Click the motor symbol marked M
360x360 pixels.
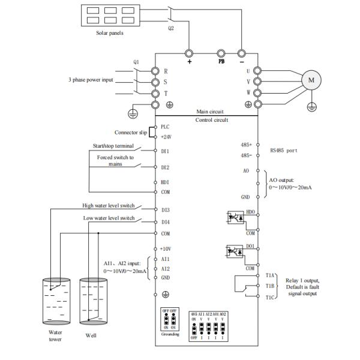pyautogui.click(x=311, y=80)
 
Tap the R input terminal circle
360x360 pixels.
pyautogui.click(x=155, y=71)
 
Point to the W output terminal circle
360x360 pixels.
pyautogui.click(x=257, y=93)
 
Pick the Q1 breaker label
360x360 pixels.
pyautogui.click(x=136, y=61)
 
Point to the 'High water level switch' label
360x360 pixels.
pyautogui.click(x=108, y=205)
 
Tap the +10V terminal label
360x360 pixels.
pyautogui.click(x=167, y=248)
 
